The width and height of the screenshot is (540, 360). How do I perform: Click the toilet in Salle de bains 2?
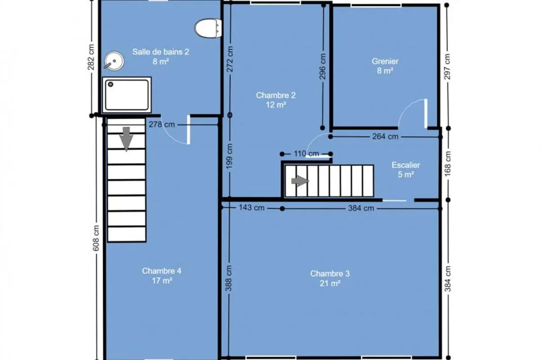click(208, 28)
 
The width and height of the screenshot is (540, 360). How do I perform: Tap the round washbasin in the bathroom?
click(114, 61)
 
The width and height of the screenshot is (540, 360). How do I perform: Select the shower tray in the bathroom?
click(127, 95)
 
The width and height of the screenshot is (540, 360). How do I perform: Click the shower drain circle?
click(111, 85)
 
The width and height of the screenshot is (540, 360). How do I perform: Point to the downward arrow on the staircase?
click(126, 139)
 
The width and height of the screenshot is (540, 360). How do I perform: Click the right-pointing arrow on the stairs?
click(300, 181)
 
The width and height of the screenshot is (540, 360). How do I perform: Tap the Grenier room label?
click(385, 61)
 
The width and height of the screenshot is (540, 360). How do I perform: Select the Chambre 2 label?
click(275, 95)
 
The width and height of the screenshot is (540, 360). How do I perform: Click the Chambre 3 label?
click(330, 274)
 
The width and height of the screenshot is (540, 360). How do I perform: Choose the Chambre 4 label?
click(162, 271)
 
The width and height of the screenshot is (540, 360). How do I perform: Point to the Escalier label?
click(406, 165)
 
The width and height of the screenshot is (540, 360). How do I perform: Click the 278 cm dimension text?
click(162, 124)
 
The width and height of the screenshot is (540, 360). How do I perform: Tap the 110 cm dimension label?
click(306, 153)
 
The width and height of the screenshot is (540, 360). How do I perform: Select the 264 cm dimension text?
click(385, 136)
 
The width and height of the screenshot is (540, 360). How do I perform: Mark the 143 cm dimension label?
click(252, 207)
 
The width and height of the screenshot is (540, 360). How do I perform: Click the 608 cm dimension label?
click(96, 238)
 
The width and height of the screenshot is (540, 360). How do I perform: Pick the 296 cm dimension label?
click(322, 67)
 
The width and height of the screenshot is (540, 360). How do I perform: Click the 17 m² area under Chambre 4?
click(162, 281)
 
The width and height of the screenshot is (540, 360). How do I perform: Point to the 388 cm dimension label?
click(229, 278)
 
